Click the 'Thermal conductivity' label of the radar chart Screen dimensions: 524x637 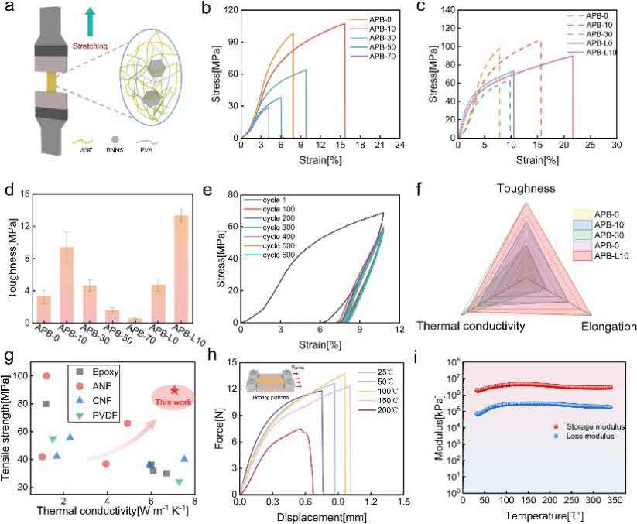pos(468,327)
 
